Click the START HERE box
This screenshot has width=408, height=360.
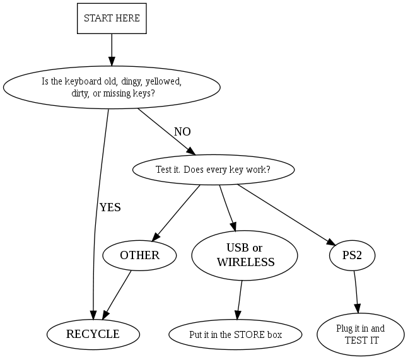[112, 18]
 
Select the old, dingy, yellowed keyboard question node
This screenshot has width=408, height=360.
[112, 88]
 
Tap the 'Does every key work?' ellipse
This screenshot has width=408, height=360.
[213, 170]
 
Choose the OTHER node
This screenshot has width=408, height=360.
[139, 255]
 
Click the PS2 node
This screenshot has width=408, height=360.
[353, 255]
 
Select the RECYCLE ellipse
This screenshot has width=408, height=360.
[93, 334]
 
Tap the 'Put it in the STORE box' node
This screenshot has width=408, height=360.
[235, 334]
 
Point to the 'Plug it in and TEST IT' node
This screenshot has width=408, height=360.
[360, 334]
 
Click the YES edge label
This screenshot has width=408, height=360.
[110, 207]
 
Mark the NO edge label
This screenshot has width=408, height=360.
[182, 132]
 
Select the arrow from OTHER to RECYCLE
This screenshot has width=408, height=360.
[118, 293]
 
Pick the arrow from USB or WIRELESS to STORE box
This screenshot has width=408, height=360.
[240, 300]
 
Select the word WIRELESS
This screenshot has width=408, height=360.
[246, 262]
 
